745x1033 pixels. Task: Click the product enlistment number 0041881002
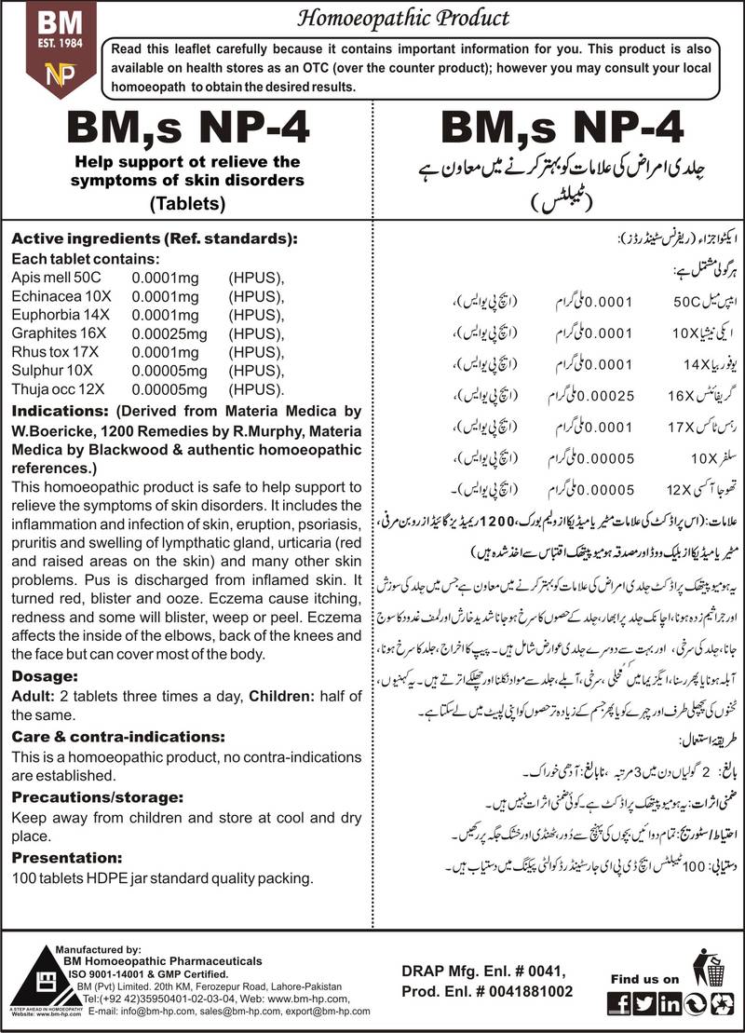pyautogui.click(x=521, y=993)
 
